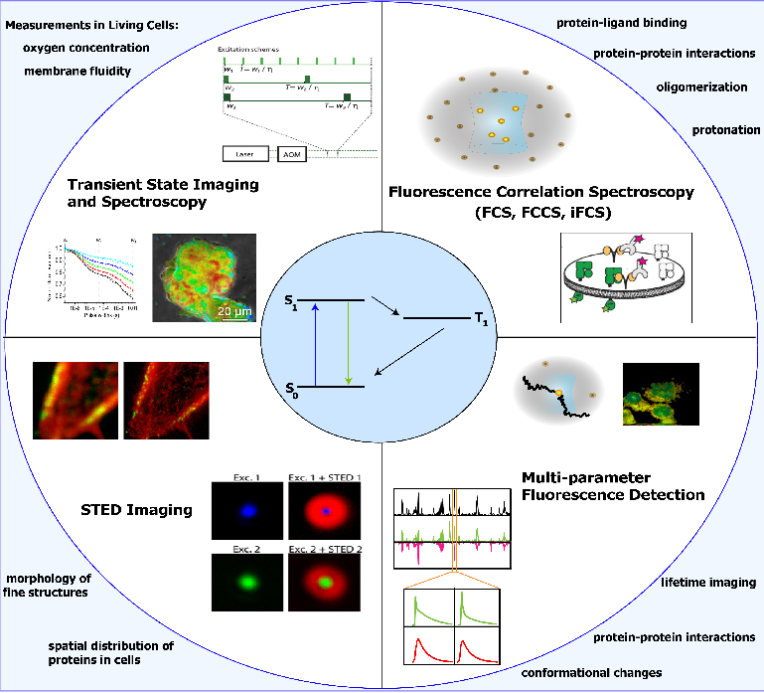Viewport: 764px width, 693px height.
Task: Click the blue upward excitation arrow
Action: (315, 342)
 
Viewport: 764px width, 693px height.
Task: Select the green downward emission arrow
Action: (348, 342)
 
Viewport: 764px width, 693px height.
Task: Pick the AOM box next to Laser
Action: (293, 154)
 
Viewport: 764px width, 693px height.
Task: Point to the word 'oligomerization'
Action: (702, 87)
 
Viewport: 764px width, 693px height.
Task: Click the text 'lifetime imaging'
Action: (708, 583)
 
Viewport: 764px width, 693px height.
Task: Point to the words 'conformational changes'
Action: (591, 673)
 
